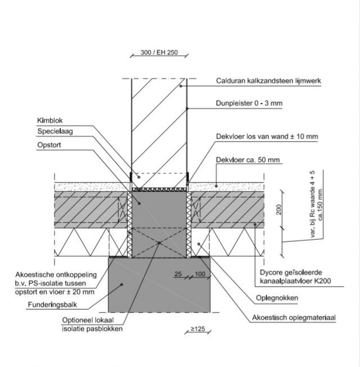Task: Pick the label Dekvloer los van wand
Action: tap(267, 137)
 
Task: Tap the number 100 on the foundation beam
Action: tap(199, 274)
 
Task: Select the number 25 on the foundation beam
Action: tap(178, 274)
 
